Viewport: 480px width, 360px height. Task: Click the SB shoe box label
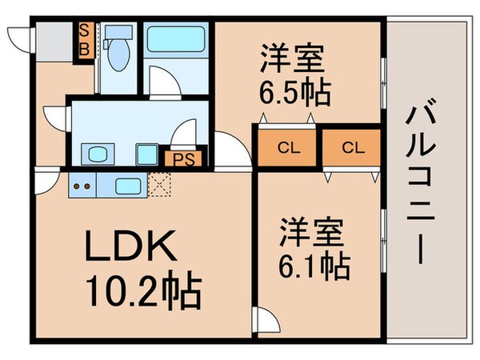[x=83, y=39]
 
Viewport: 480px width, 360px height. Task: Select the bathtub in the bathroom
[x=178, y=38]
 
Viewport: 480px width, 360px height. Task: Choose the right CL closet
[x=350, y=147]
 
